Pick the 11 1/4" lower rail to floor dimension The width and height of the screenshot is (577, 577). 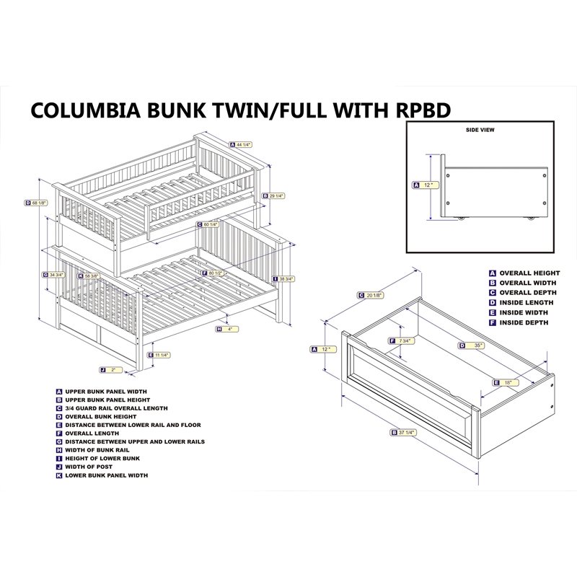coord(161,355)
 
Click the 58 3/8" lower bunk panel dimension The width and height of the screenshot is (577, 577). coord(89,276)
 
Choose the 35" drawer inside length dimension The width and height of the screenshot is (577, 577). coord(475,345)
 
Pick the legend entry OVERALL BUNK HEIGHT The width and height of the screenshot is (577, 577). coord(101,416)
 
